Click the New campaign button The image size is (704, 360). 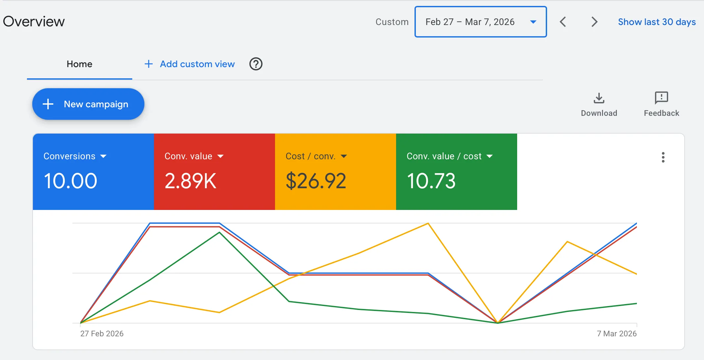coord(88,104)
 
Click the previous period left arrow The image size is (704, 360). coord(563,22)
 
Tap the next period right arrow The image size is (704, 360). coord(594,22)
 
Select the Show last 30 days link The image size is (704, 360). coord(657,22)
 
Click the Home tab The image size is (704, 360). coord(79,64)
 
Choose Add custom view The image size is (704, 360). coord(190,64)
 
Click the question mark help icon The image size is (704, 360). coord(256,64)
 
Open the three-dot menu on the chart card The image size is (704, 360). coord(663,157)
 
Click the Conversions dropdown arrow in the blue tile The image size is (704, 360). coord(103,156)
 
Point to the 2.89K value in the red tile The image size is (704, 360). coord(190,181)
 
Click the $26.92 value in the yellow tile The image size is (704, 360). coord(316,181)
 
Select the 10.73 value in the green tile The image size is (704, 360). coord(431,181)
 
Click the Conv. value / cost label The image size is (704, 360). coord(444,156)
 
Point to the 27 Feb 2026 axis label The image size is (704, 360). coord(102,333)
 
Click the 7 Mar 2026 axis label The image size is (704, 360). coord(616,333)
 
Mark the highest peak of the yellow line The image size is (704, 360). coord(428,223)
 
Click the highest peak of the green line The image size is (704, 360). coord(219,232)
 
